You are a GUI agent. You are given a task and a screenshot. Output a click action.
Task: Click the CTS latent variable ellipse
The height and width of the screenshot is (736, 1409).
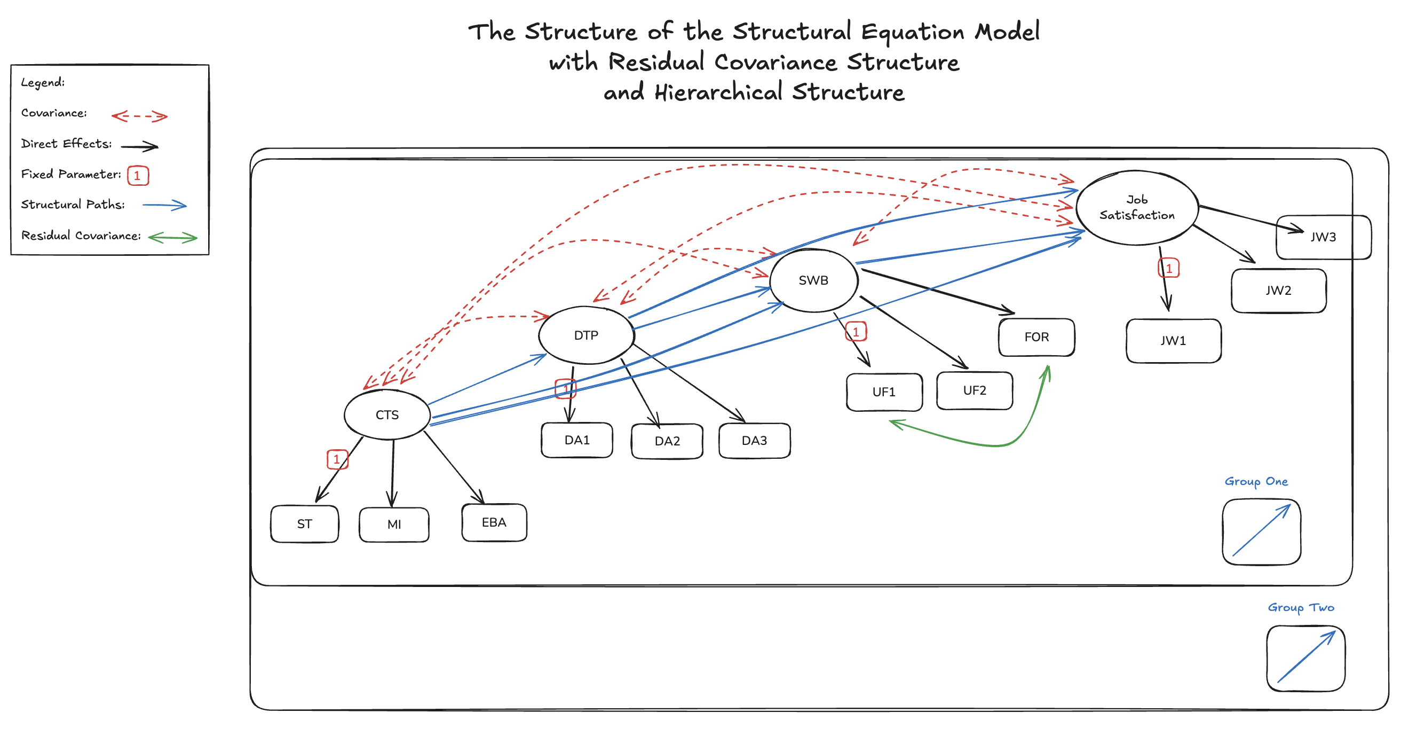tap(387, 414)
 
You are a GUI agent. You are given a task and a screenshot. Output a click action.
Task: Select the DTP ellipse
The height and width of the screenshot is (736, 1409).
tap(586, 335)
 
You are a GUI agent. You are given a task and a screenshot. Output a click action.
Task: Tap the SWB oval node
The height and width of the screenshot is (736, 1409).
tap(813, 280)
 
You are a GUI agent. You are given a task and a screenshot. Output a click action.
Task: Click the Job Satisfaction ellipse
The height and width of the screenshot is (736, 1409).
tap(1137, 207)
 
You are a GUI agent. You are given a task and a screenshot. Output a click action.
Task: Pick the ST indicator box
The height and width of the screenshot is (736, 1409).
tap(304, 523)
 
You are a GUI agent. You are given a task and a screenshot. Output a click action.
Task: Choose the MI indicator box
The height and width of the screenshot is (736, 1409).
tap(394, 524)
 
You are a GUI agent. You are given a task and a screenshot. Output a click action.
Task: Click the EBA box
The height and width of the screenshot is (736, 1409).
tap(494, 522)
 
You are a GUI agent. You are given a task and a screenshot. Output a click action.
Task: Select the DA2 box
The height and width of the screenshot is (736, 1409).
tap(667, 441)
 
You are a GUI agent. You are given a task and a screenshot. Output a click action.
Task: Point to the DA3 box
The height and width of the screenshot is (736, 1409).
tap(754, 441)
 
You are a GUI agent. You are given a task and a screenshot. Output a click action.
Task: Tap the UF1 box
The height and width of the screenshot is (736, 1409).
tap(884, 392)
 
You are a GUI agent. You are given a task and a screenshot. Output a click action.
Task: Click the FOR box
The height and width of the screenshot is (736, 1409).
tap(1036, 337)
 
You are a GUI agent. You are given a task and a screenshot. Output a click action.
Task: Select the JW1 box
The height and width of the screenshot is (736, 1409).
tap(1173, 341)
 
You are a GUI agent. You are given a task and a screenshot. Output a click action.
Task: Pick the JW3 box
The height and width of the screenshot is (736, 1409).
tap(1323, 237)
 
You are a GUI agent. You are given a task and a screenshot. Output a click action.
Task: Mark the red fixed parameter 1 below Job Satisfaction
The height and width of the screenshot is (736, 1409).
tap(1169, 269)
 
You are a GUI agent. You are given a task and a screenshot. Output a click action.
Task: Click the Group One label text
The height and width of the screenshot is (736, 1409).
tap(1256, 482)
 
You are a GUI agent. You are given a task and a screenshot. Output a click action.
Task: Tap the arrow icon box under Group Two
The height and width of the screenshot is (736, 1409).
tap(1305, 659)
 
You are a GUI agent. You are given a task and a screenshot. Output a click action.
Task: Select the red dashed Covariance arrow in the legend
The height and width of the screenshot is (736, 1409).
tap(139, 116)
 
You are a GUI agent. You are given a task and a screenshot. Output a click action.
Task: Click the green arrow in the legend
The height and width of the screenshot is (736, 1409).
tap(172, 238)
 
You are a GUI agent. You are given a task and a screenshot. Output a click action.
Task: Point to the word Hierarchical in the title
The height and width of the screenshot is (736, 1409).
tap(718, 92)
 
